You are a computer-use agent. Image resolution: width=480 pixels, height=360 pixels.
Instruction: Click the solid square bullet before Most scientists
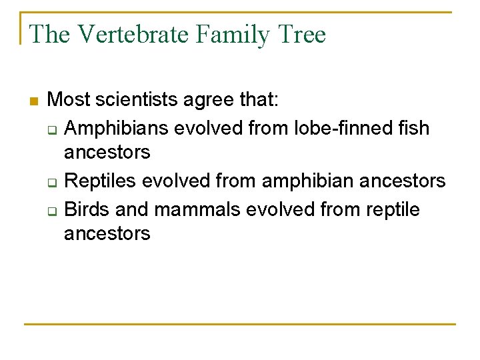pos(34,101)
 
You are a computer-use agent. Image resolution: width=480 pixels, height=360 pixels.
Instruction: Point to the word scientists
pos(137,101)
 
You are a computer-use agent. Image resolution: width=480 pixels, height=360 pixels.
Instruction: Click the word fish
pos(413,127)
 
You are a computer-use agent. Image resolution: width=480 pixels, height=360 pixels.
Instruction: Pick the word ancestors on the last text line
pos(107,234)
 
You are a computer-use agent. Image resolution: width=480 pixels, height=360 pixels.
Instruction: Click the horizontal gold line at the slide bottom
pos(240,325)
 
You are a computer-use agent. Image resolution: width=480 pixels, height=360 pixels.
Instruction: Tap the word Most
pos(69,101)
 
